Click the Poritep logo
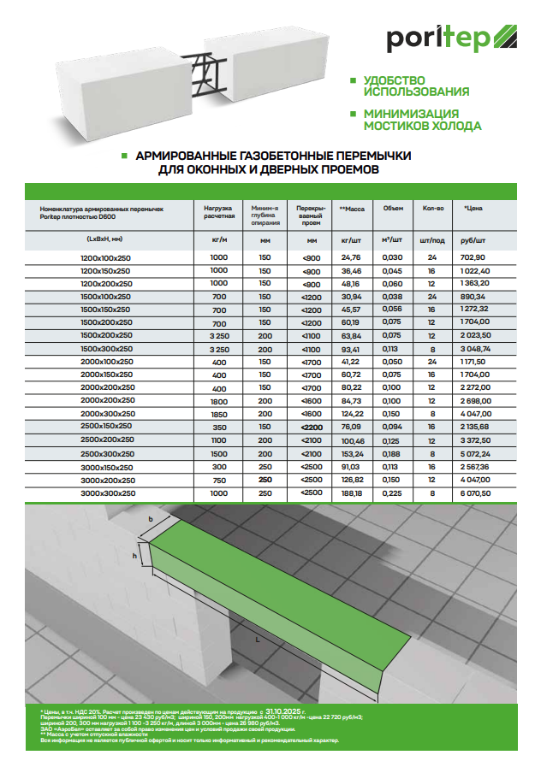coord(445,38)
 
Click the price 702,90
coord(473,257)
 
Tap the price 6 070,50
coord(474,494)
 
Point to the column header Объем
coord(393,208)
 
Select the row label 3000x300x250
coord(108,494)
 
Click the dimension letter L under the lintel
coord(256,639)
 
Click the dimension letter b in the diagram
coord(151,519)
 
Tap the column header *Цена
coord(473,208)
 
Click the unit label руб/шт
coord(473,240)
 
